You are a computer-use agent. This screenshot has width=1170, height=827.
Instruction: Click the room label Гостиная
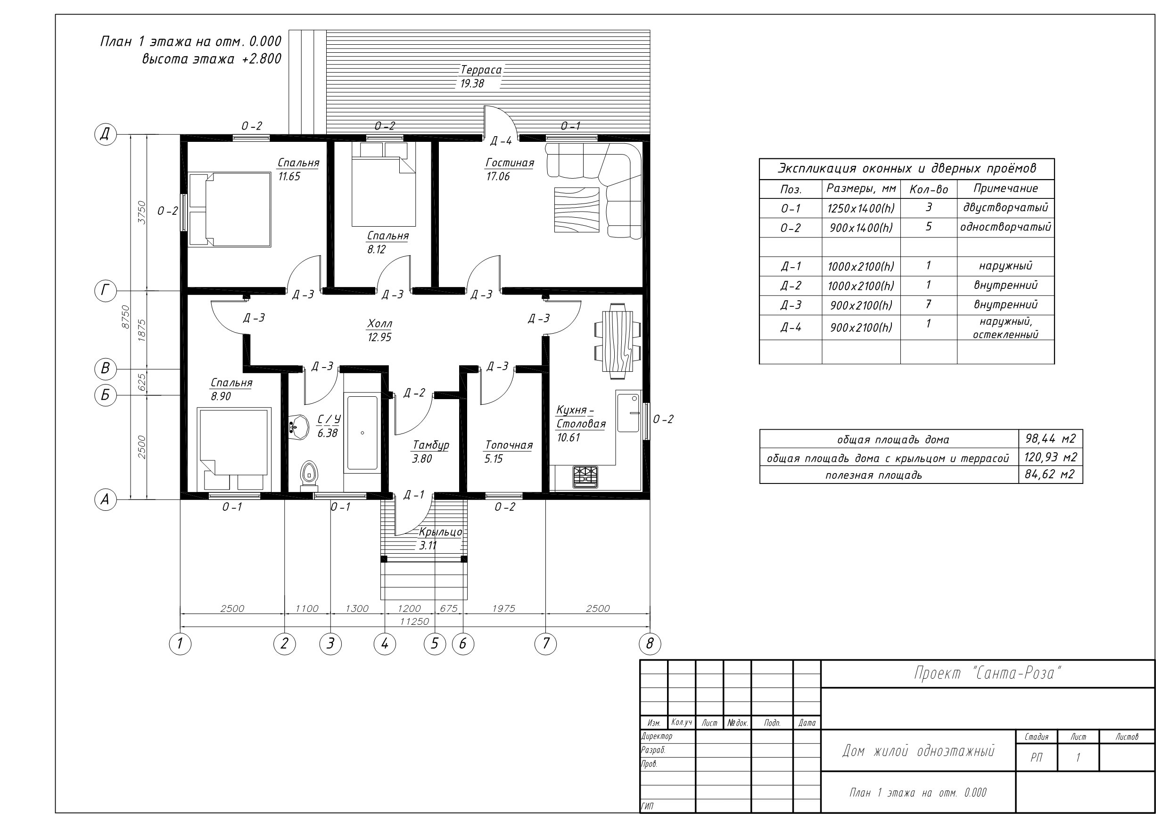(510, 163)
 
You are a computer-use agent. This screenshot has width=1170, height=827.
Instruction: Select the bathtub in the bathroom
(363, 433)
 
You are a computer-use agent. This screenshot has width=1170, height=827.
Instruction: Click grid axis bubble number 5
(435, 644)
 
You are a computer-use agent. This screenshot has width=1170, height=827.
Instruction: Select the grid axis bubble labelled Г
(106, 291)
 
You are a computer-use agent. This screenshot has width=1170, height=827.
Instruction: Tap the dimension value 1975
(504, 608)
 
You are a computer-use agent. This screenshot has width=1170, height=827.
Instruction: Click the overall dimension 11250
(414, 622)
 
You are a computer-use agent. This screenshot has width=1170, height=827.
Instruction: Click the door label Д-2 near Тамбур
(414, 393)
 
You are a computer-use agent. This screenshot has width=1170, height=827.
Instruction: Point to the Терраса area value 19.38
(472, 83)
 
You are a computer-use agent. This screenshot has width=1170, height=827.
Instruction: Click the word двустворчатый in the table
(1005, 208)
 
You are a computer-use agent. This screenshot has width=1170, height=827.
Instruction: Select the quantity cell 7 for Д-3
(929, 305)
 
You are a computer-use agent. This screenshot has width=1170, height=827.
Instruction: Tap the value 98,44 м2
(1050, 439)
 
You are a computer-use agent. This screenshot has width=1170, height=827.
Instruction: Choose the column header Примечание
(1005, 188)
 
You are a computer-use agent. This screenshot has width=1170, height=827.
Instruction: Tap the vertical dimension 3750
(142, 212)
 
